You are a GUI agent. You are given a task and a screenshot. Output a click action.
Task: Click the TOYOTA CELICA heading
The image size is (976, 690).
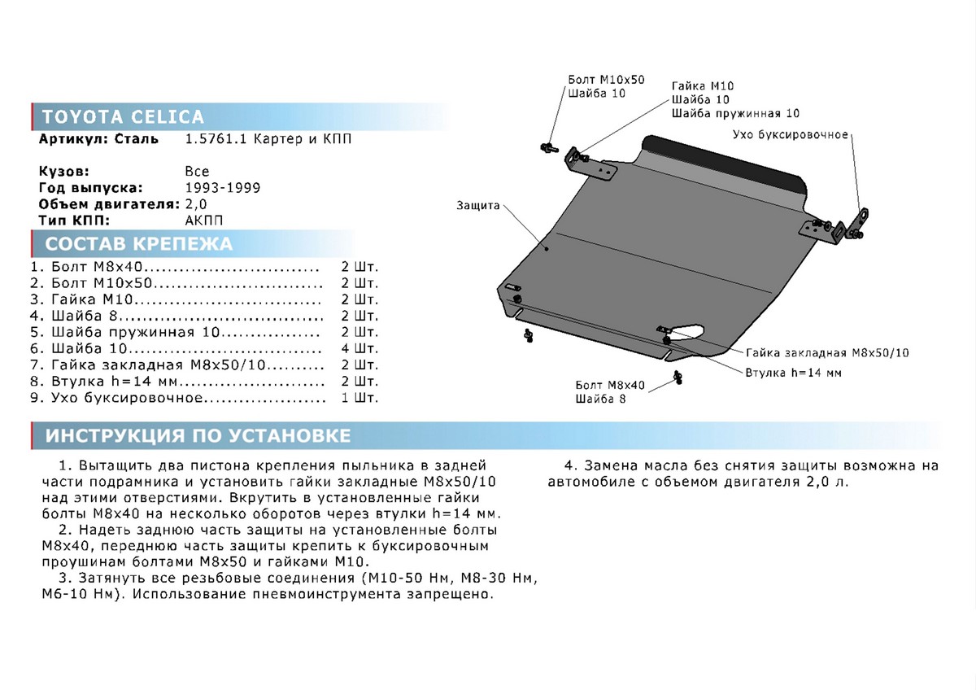pyautogui.click(x=123, y=116)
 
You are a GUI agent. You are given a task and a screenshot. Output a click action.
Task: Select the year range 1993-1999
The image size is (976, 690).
pyautogui.click(x=223, y=188)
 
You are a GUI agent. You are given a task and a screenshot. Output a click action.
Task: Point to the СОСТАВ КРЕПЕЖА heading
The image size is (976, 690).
pyautogui.click(x=138, y=244)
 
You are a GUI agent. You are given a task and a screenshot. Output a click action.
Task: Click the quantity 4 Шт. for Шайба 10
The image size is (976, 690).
pyautogui.click(x=359, y=349)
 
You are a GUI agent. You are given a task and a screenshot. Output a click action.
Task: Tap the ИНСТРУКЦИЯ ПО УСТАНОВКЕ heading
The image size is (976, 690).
pyautogui.click(x=198, y=435)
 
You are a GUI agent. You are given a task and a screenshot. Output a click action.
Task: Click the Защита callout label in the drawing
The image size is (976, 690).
pyautogui.click(x=477, y=206)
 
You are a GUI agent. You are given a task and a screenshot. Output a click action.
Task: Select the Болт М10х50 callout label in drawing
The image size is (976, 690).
pyautogui.click(x=605, y=80)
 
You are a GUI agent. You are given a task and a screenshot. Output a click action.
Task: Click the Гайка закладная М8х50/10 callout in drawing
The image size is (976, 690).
pyautogui.click(x=827, y=352)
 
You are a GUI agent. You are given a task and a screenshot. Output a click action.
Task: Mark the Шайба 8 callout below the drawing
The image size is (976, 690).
pyautogui.click(x=600, y=399)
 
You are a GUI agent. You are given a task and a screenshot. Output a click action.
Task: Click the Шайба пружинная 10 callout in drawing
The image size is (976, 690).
pyautogui.click(x=735, y=113)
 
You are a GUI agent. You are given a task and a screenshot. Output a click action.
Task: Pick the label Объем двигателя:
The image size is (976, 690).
pyautogui.click(x=102, y=203)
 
